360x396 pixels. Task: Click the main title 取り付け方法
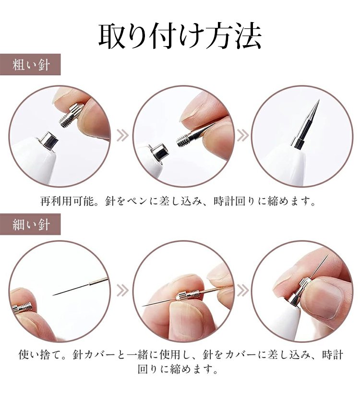[180, 36]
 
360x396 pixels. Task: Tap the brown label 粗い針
[30, 65]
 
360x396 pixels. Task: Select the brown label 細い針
[30, 224]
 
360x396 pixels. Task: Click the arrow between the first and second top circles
[122, 135]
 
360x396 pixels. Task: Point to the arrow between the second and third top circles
[242, 135]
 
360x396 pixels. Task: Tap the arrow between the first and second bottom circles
[122, 290]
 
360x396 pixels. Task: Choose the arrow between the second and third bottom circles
[242, 290]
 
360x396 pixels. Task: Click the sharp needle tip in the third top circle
[319, 100]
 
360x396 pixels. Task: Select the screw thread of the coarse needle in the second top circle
[183, 140]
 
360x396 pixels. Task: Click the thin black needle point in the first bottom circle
[54, 295]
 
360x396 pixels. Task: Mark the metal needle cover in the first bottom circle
[22, 308]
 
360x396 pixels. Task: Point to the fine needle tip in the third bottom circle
[328, 255]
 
